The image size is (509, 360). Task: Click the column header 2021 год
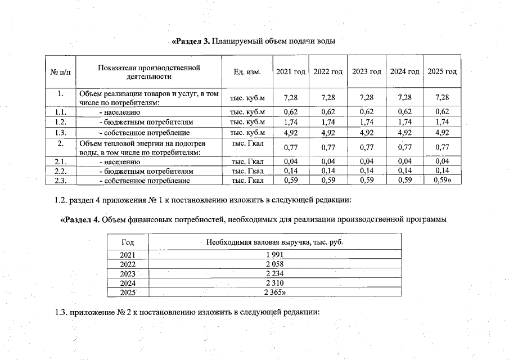click(x=290, y=72)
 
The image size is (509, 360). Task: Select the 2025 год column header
click(x=442, y=72)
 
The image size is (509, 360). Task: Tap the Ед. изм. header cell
click(x=247, y=72)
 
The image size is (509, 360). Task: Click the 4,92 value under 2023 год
click(x=366, y=133)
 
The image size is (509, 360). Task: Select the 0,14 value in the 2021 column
click(x=290, y=171)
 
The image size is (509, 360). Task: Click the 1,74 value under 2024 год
click(x=404, y=122)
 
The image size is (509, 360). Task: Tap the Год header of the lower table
click(x=128, y=242)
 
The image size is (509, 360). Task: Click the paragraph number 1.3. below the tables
click(x=62, y=313)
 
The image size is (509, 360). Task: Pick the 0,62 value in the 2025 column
click(x=442, y=112)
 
